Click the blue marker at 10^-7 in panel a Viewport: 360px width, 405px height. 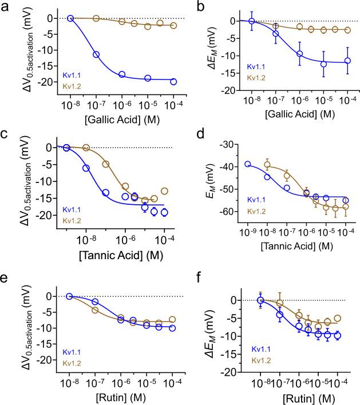coord(96,54)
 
